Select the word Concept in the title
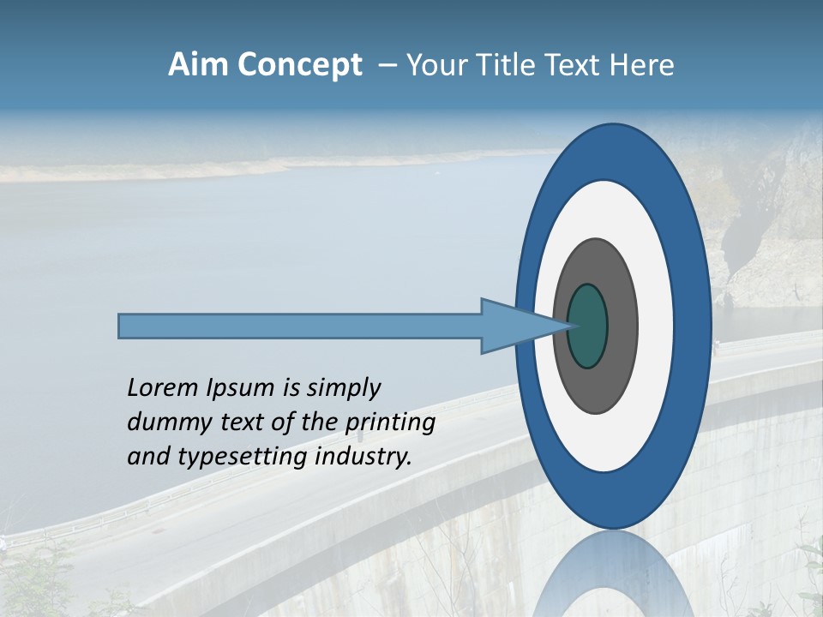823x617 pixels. point(299,65)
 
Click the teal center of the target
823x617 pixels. point(587,326)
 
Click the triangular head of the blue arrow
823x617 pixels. point(514,326)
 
